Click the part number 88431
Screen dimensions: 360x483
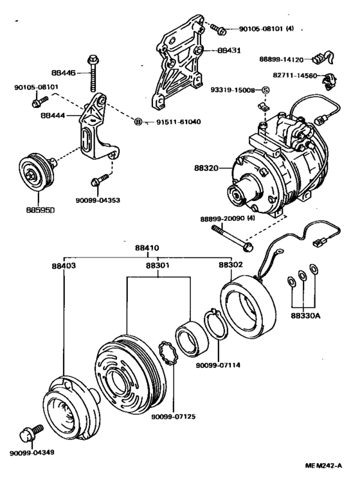[x=229, y=51]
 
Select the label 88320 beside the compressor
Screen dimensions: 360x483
[x=206, y=168]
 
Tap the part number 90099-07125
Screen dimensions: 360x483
[x=173, y=417]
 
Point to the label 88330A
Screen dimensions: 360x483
[x=304, y=316]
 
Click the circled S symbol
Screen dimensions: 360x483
[x=265, y=90]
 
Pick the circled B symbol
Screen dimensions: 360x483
[x=138, y=122]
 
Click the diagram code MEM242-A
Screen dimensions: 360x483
[x=323, y=466]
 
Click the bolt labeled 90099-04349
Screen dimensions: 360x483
[x=31, y=434]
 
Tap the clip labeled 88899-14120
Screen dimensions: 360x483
[x=323, y=58]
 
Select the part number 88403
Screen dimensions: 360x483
[x=64, y=265]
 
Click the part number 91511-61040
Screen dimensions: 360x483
[x=178, y=122]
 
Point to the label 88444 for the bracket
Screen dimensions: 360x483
[x=53, y=116]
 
